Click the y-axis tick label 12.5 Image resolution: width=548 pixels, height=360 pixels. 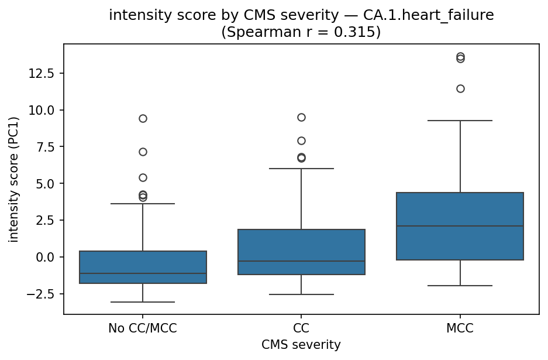44,73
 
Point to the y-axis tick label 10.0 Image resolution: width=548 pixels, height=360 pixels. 44,110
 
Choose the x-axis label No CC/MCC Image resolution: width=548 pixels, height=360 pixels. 143,329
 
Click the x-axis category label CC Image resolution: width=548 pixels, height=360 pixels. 301,329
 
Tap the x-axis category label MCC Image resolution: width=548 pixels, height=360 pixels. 460,329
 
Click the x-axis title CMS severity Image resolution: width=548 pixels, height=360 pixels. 301,345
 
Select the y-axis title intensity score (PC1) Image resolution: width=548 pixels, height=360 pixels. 13,179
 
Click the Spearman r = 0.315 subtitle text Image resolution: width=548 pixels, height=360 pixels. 301,32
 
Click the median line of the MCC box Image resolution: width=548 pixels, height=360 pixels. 460,226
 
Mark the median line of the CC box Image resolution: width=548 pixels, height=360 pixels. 301,261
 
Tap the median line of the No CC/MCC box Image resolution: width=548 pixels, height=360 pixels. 143,273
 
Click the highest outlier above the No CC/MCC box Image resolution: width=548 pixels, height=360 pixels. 143,118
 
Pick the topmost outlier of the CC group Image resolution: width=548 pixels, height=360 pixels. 301,117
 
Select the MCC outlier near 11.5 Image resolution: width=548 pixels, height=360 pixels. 460,88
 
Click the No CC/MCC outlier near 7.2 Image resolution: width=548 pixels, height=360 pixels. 143,152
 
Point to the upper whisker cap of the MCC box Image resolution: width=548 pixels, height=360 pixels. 460,121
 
